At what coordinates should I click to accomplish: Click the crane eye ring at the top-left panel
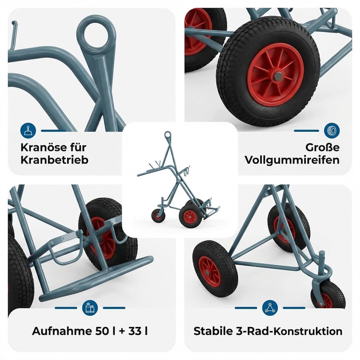pos(96,33)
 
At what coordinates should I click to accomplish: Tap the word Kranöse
pos(40,147)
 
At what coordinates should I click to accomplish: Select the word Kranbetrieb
pos(54,160)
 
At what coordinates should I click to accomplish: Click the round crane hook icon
pos(28,130)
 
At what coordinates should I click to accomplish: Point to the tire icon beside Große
pos(332,130)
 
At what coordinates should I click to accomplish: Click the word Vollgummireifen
pos(292,160)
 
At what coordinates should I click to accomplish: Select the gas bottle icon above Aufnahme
pos(90,308)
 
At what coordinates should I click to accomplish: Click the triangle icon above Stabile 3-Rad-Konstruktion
pos(270,308)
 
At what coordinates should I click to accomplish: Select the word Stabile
pos(211,331)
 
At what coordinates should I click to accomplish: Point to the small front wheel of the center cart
pos(158,215)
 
